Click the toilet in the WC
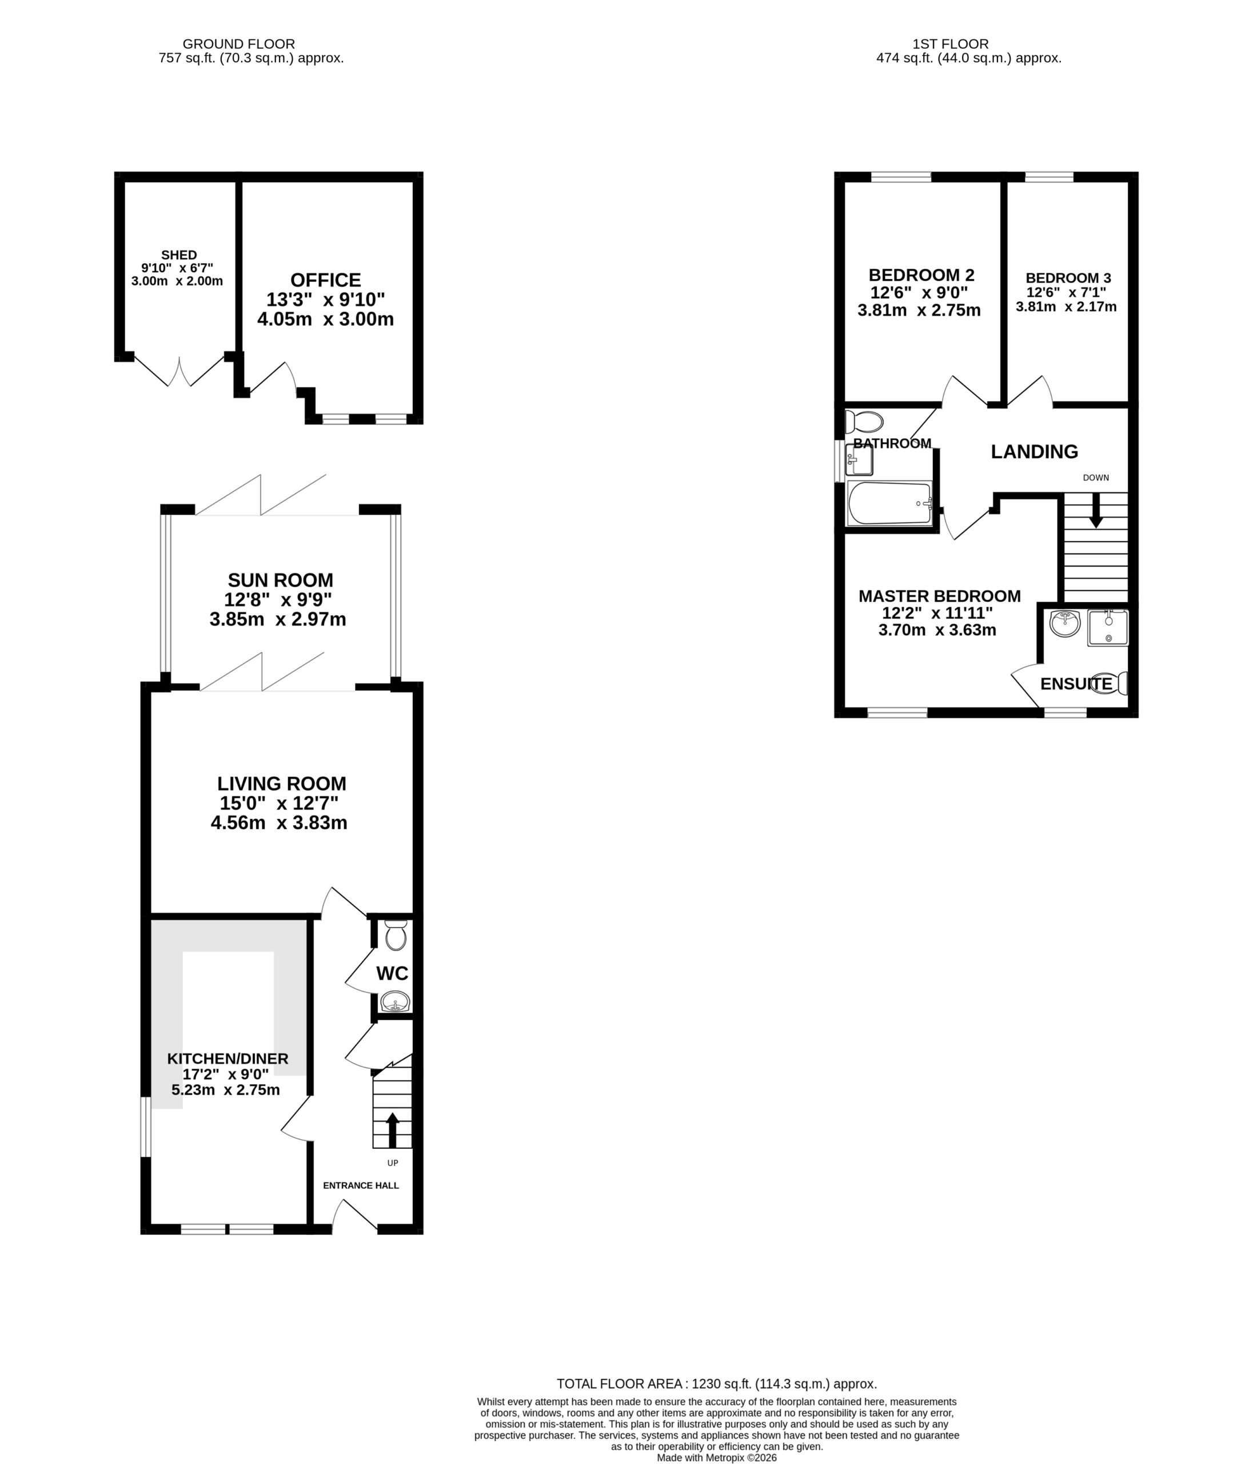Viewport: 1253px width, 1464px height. pyautogui.click(x=396, y=936)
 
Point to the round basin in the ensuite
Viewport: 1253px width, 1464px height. pyautogui.click(x=1064, y=623)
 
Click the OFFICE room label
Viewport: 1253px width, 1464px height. pyautogui.click(x=326, y=280)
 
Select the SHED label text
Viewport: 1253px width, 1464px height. pyautogui.click(x=179, y=255)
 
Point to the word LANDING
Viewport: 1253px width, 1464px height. pyautogui.click(x=1034, y=451)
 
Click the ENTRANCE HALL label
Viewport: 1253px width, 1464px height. pyautogui.click(x=361, y=1185)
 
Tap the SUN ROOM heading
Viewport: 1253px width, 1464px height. pyautogui.click(x=281, y=580)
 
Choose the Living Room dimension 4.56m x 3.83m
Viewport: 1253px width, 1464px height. pyautogui.click(x=279, y=822)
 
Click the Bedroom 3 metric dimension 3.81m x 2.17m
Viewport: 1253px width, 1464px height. pyautogui.click(x=1066, y=307)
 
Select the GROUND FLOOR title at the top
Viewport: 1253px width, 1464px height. pyautogui.click(x=239, y=44)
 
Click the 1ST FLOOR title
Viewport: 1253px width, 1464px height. pyautogui.click(x=950, y=44)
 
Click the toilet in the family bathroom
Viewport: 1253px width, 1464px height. pyautogui.click(x=864, y=422)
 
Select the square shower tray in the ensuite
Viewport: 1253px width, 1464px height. pyautogui.click(x=1107, y=627)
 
